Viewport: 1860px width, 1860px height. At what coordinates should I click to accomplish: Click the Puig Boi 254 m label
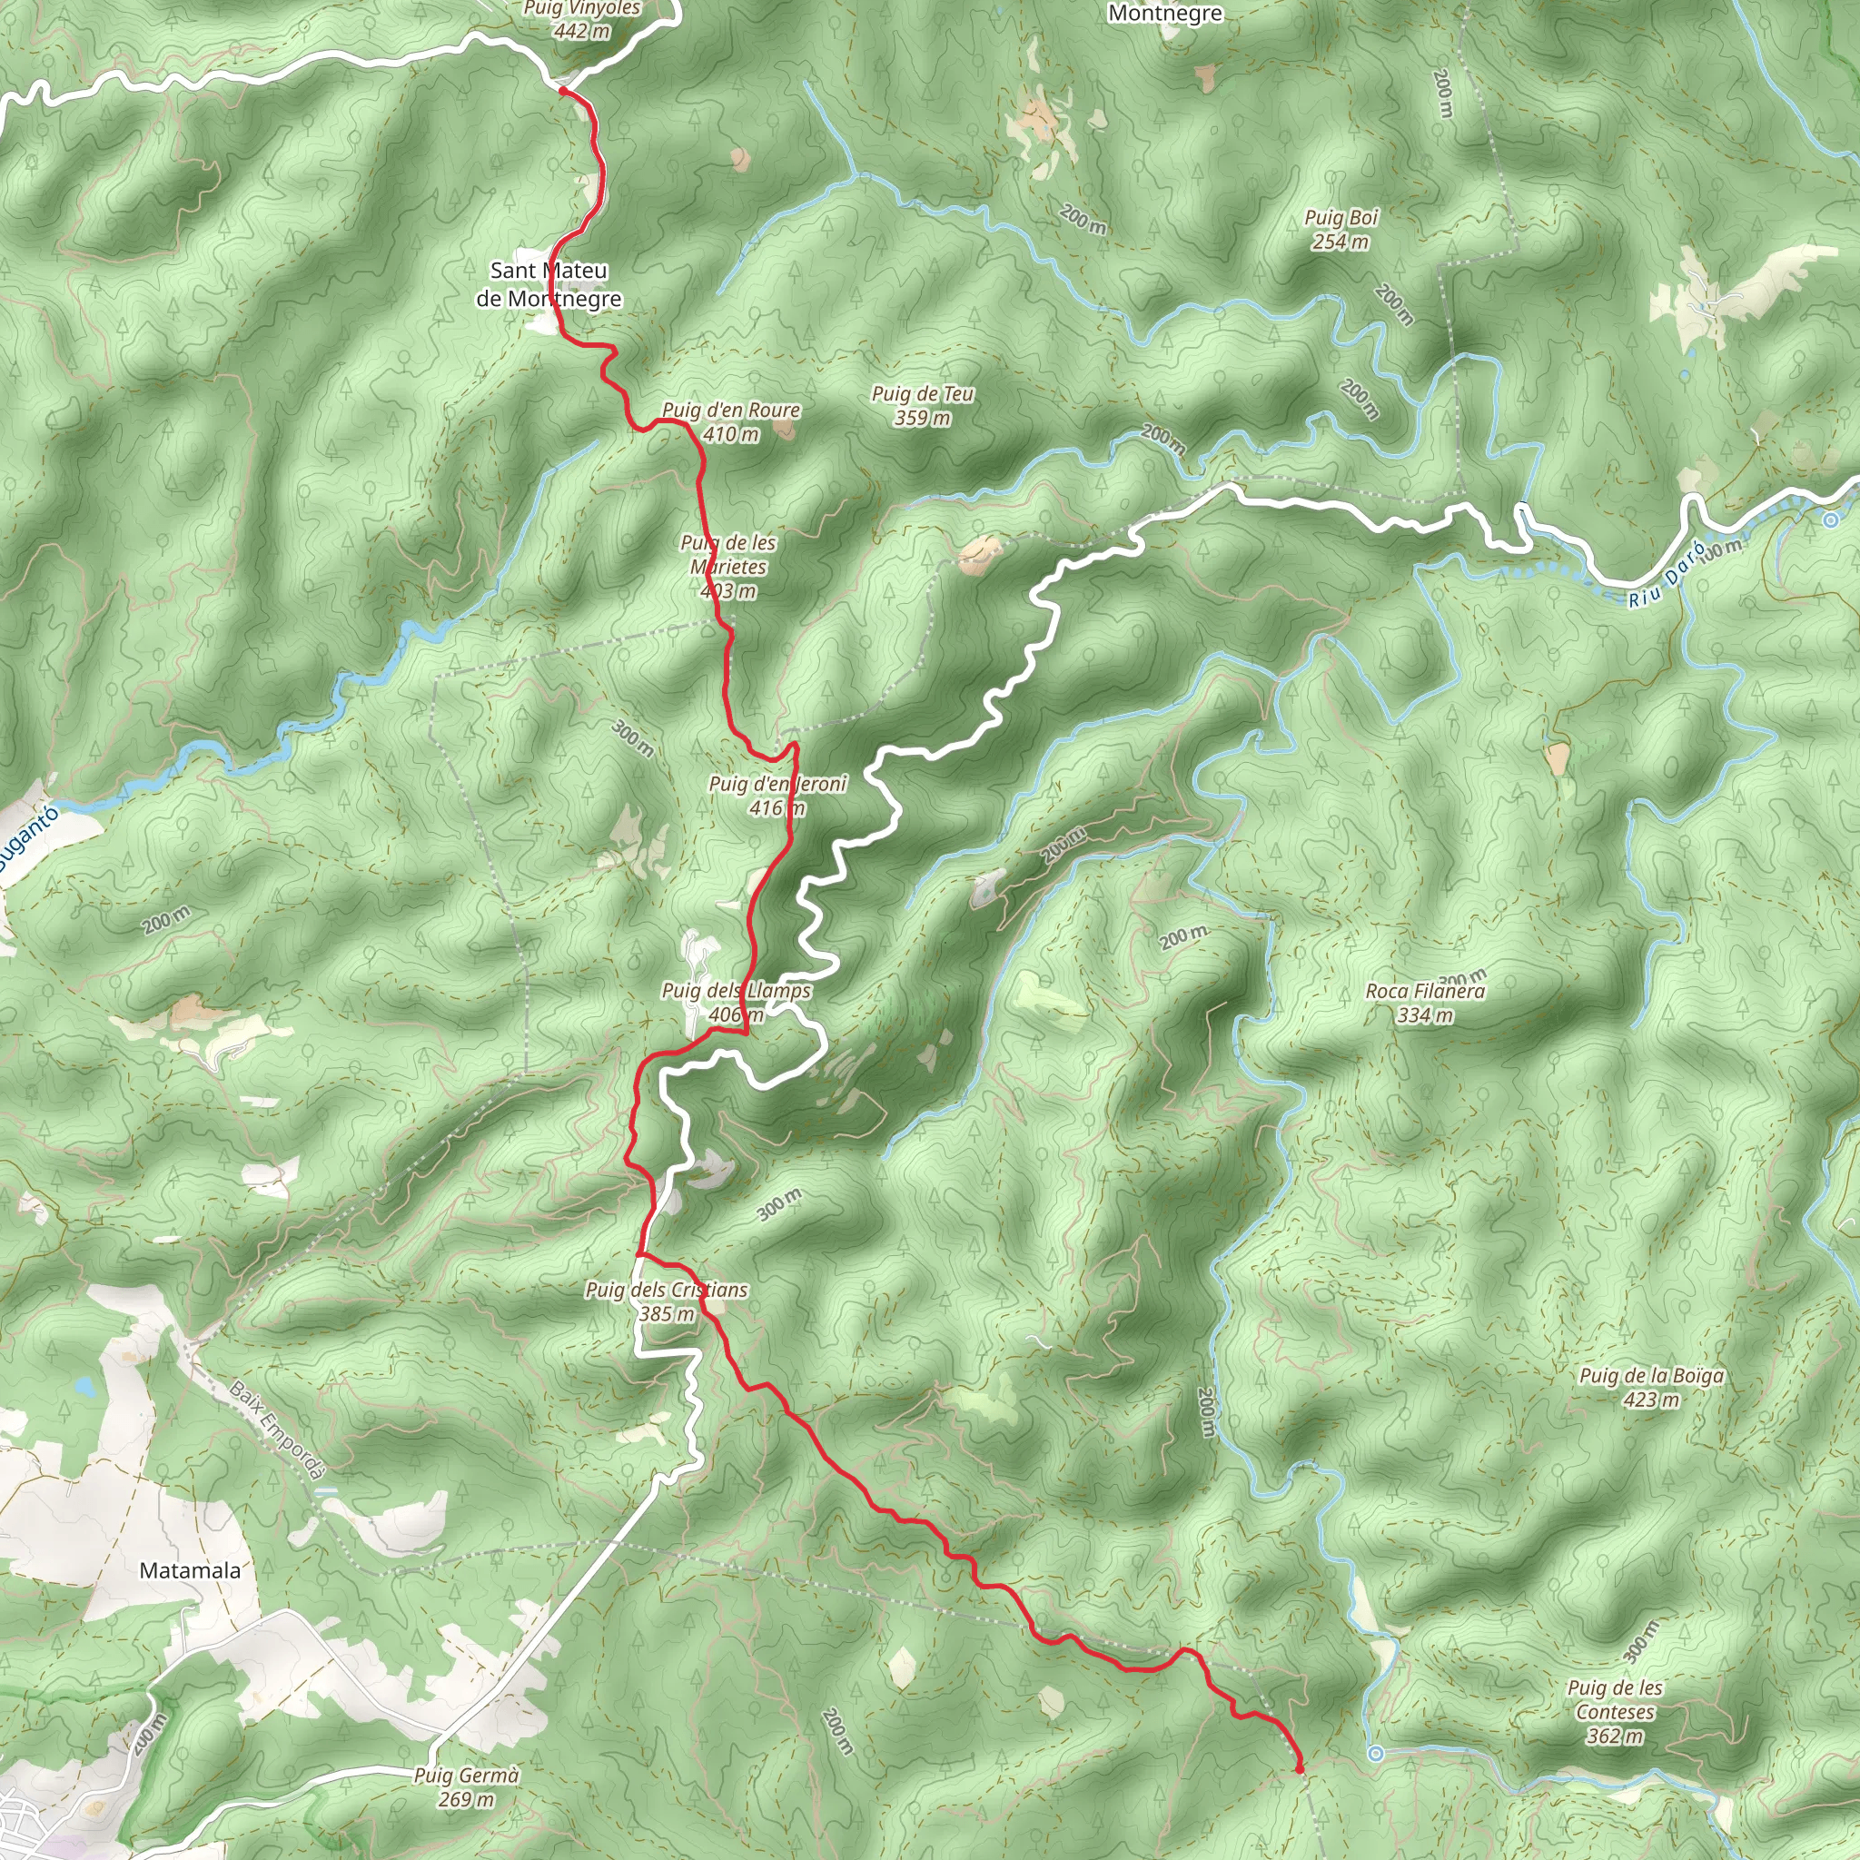tap(1341, 230)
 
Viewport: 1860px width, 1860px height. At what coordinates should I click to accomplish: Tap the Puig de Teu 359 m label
tap(923, 405)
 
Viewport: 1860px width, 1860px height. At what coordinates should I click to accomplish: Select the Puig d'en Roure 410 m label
tap(731, 421)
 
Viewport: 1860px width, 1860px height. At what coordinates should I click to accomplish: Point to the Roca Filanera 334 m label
tap(1425, 1003)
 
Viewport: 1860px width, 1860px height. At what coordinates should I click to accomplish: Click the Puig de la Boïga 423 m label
tap(1651, 1388)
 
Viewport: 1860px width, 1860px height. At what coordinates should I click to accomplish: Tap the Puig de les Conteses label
tap(1615, 1712)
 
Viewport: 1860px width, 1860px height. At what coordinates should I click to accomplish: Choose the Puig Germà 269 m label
tap(466, 1786)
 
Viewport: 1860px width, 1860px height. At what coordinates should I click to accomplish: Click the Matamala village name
tap(190, 1570)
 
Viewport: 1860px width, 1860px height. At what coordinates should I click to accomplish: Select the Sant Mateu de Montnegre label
tap(549, 284)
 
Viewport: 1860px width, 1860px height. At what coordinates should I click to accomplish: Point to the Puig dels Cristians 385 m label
tap(667, 1301)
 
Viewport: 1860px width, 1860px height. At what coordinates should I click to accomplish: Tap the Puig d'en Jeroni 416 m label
tap(777, 796)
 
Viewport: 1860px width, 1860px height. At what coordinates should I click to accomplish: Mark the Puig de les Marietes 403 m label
tap(728, 567)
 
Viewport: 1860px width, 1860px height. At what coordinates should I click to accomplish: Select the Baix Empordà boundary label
tap(278, 1430)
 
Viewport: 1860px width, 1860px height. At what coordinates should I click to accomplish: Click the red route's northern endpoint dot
tap(562, 91)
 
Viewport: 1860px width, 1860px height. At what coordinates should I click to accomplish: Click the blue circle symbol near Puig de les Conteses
tap(1376, 1754)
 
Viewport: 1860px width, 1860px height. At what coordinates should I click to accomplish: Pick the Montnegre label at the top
tap(1165, 14)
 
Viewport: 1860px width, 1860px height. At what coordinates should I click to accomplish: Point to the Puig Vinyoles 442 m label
tap(581, 19)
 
